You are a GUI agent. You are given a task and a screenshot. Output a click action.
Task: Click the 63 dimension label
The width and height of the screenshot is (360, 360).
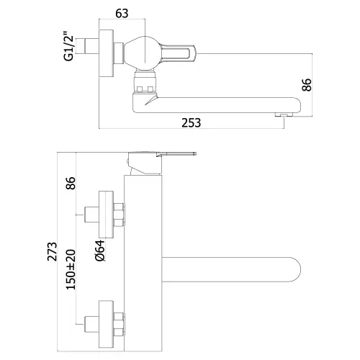[x=122, y=14]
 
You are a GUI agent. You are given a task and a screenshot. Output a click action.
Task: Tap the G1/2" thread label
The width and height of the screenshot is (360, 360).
[x=68, y=46]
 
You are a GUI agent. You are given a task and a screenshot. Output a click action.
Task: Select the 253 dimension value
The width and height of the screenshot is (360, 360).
[x=191, y=122]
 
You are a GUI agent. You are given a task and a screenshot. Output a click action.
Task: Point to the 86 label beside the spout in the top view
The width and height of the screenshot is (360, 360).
[x=307, y=85]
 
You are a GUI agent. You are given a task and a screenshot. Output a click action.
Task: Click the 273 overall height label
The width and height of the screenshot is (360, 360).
[x=52, y=251]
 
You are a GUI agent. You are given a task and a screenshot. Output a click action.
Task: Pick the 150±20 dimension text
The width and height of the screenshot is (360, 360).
[x=71, y=269]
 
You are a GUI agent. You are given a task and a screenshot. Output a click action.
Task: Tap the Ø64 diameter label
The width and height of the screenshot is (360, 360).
[x=100, y=251]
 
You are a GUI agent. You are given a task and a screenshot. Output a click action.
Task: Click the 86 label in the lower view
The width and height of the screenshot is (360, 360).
[x=71, y=183]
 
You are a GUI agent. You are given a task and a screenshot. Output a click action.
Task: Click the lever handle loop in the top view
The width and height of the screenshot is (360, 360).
[x=178, y=53]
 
